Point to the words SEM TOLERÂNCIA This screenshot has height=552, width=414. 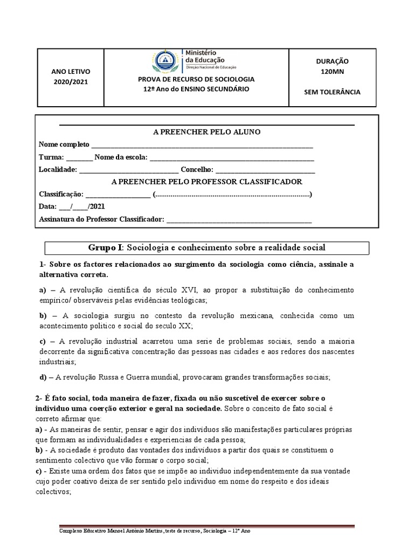pyautogui.click(x=332, y=92)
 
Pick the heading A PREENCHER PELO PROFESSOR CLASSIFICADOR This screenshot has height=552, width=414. pyautogui.click(x=206, y=182)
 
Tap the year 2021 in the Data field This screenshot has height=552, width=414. pyautogui.click(x=98, y=206)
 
